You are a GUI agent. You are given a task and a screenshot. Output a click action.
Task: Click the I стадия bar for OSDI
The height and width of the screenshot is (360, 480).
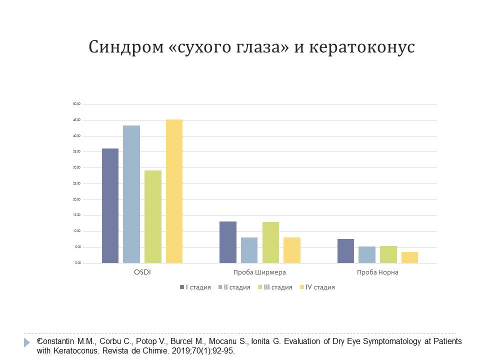(110, 205)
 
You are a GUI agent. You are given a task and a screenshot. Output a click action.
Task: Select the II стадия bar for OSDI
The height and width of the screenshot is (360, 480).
(131, 194)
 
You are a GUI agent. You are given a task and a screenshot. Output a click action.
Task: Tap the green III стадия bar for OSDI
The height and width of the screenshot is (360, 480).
(153, 216)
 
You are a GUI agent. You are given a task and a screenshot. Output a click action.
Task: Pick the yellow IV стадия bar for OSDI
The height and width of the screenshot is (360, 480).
(174, 191)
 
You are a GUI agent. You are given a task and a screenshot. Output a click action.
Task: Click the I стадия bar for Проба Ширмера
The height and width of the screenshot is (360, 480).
(228, 242)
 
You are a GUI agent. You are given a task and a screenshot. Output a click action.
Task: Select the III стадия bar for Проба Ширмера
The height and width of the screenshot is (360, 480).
(270, 242)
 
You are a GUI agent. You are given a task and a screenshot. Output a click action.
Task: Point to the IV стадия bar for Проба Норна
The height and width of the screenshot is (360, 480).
(409, 257)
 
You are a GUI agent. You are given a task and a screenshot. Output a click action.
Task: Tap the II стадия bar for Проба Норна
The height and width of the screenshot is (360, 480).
(367, 254)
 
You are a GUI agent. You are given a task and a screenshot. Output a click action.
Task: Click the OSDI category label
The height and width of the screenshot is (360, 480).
(142, 272)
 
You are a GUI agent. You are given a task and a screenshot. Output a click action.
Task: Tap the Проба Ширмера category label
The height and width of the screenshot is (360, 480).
(259, 272)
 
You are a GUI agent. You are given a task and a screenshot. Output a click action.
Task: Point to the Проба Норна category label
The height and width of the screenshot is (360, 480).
(377, 272)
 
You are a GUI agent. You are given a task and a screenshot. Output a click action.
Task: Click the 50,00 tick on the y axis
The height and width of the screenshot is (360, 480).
(76, 104)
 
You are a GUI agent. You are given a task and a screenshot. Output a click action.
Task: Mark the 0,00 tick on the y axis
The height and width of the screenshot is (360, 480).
(77, 263)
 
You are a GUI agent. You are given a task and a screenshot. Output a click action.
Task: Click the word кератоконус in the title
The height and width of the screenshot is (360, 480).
(362, 47)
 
